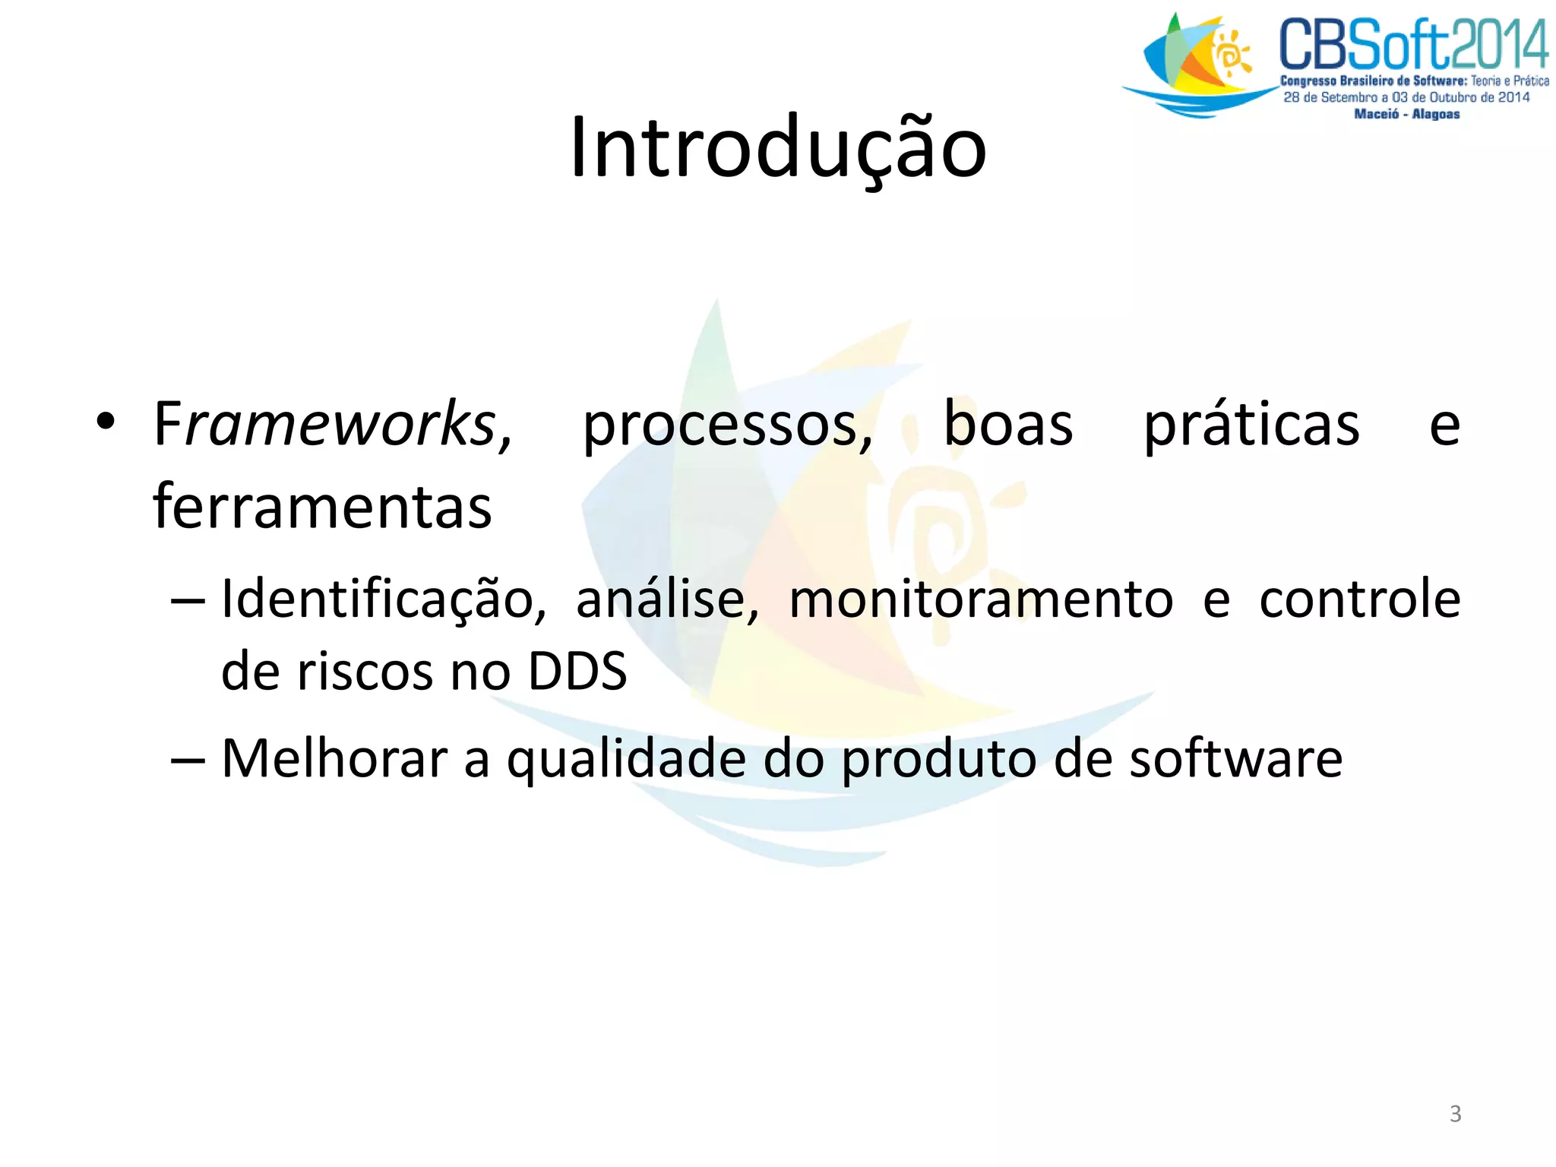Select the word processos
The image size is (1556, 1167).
[x=728, y=425]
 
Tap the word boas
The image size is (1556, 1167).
[x=1008, y=424]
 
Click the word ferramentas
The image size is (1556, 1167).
[x=322, y=507]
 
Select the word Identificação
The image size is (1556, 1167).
[x=383, y=600]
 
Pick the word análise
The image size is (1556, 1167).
[x=667, y=600]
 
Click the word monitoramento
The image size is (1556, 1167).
[x=981, y=600]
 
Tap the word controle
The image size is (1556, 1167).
[x=1359, y=599]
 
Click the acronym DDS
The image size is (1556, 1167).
[x=577, y=672]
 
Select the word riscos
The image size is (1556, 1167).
[x=364, y=672]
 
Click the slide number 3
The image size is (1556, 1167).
[x=1455, y=1114]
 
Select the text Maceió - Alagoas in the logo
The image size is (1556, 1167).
[x=1406, y=114]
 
